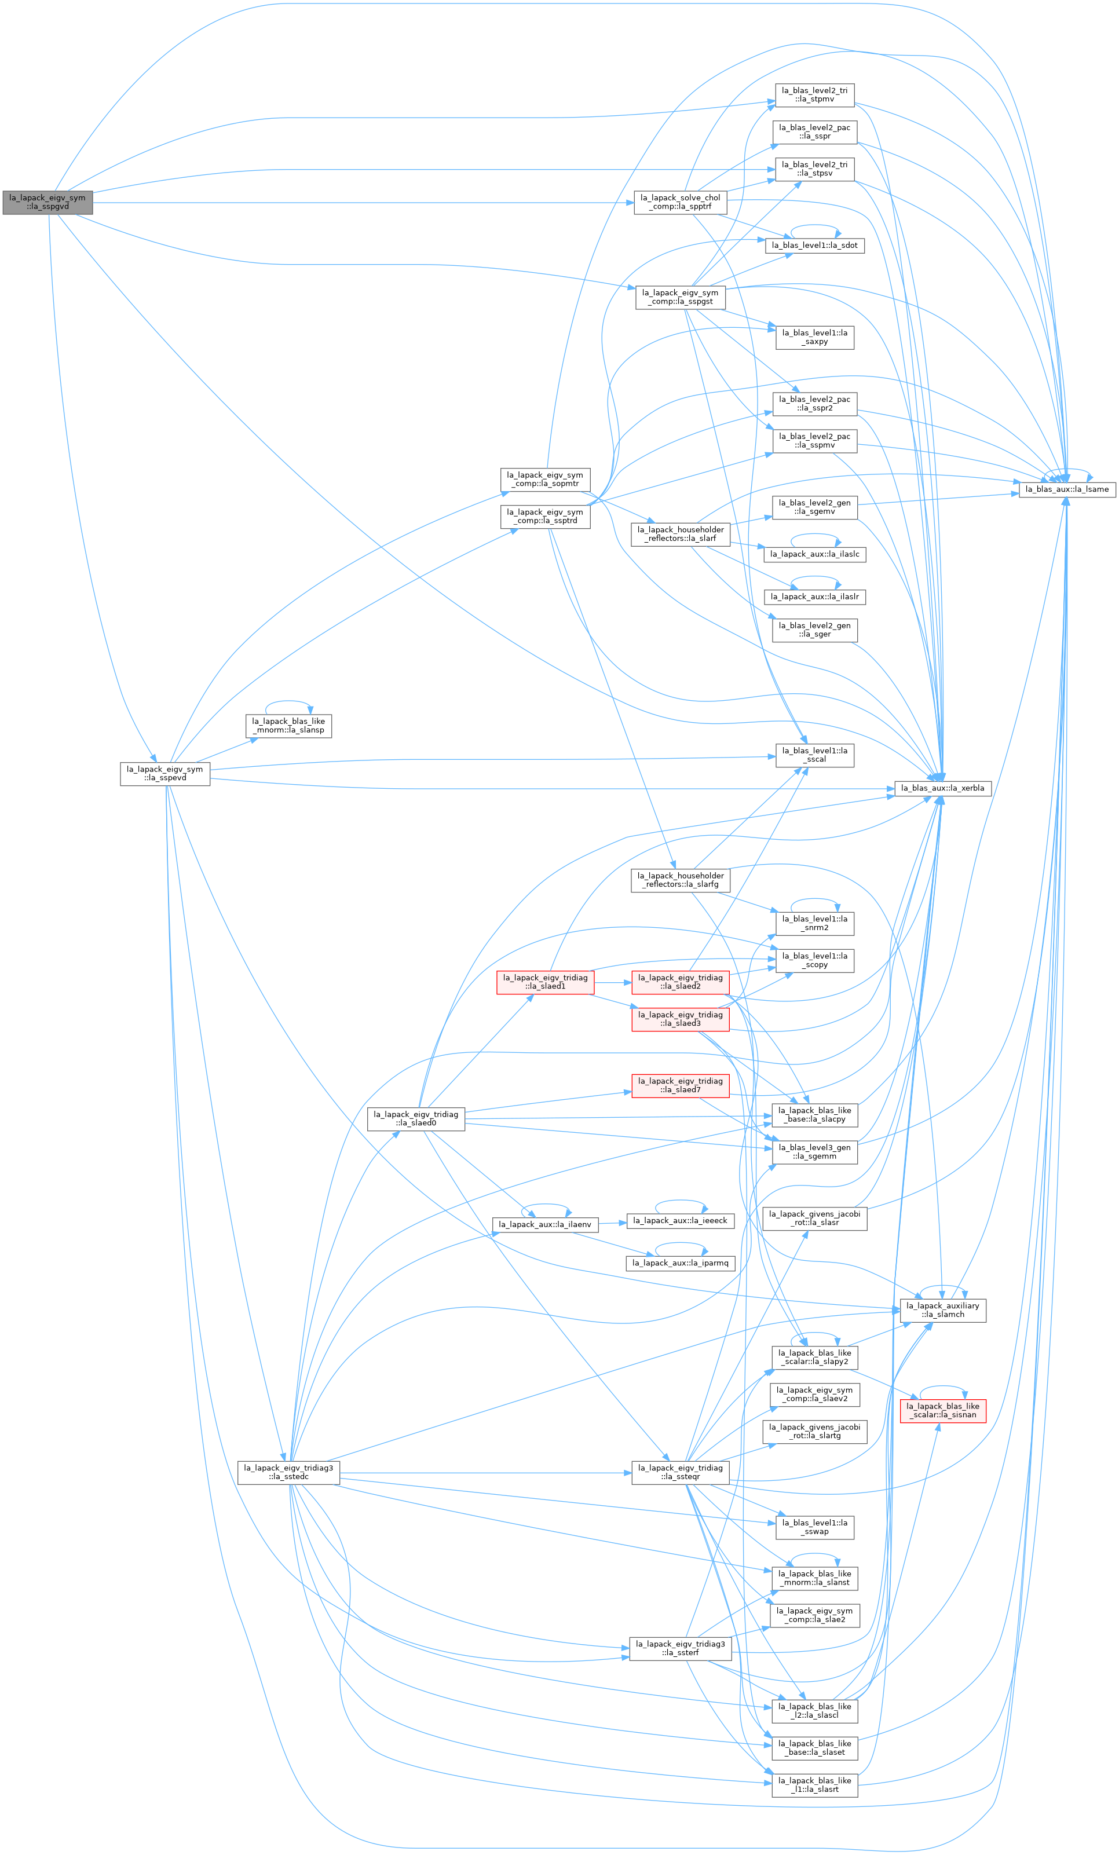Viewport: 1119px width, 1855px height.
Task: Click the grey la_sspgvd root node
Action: pyautogui.click(x=47, y=203)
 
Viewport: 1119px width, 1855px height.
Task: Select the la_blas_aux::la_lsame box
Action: pyautogui.click(x=1066, y=489)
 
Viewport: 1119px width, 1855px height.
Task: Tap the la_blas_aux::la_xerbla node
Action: pyautogui.click(x=943, y=788)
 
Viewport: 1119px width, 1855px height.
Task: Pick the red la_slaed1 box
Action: pyautogui.click(x=545, y=982)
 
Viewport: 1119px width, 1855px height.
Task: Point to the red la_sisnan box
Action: pyautogui.click(x=943, y=1410)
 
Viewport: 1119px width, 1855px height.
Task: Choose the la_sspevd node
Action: pyautogui.click(x=165, y=774)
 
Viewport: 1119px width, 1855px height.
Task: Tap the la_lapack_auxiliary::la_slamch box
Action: pyautogui.click(x=943, y=1310)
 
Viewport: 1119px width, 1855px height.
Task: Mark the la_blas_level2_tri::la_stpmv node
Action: pyautogui.click(x=815, y=95)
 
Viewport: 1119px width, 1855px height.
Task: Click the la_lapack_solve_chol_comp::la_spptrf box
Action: pyautogui.click(x=680, y=203)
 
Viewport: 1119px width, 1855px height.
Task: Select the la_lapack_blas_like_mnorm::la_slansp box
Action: pyautogui.click(x=288, y=726)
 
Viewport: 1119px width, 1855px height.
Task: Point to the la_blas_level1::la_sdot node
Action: pyautogui.click(x=815, y=246)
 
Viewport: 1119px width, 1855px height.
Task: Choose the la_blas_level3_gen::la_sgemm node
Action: pyautogui.click(x=815, y=1152)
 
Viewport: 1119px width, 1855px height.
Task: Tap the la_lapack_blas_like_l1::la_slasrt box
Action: pyautogui.click(x=815, y=1785)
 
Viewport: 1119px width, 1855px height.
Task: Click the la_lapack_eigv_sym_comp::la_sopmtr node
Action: pyautogui.click(x=545, y=480)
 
